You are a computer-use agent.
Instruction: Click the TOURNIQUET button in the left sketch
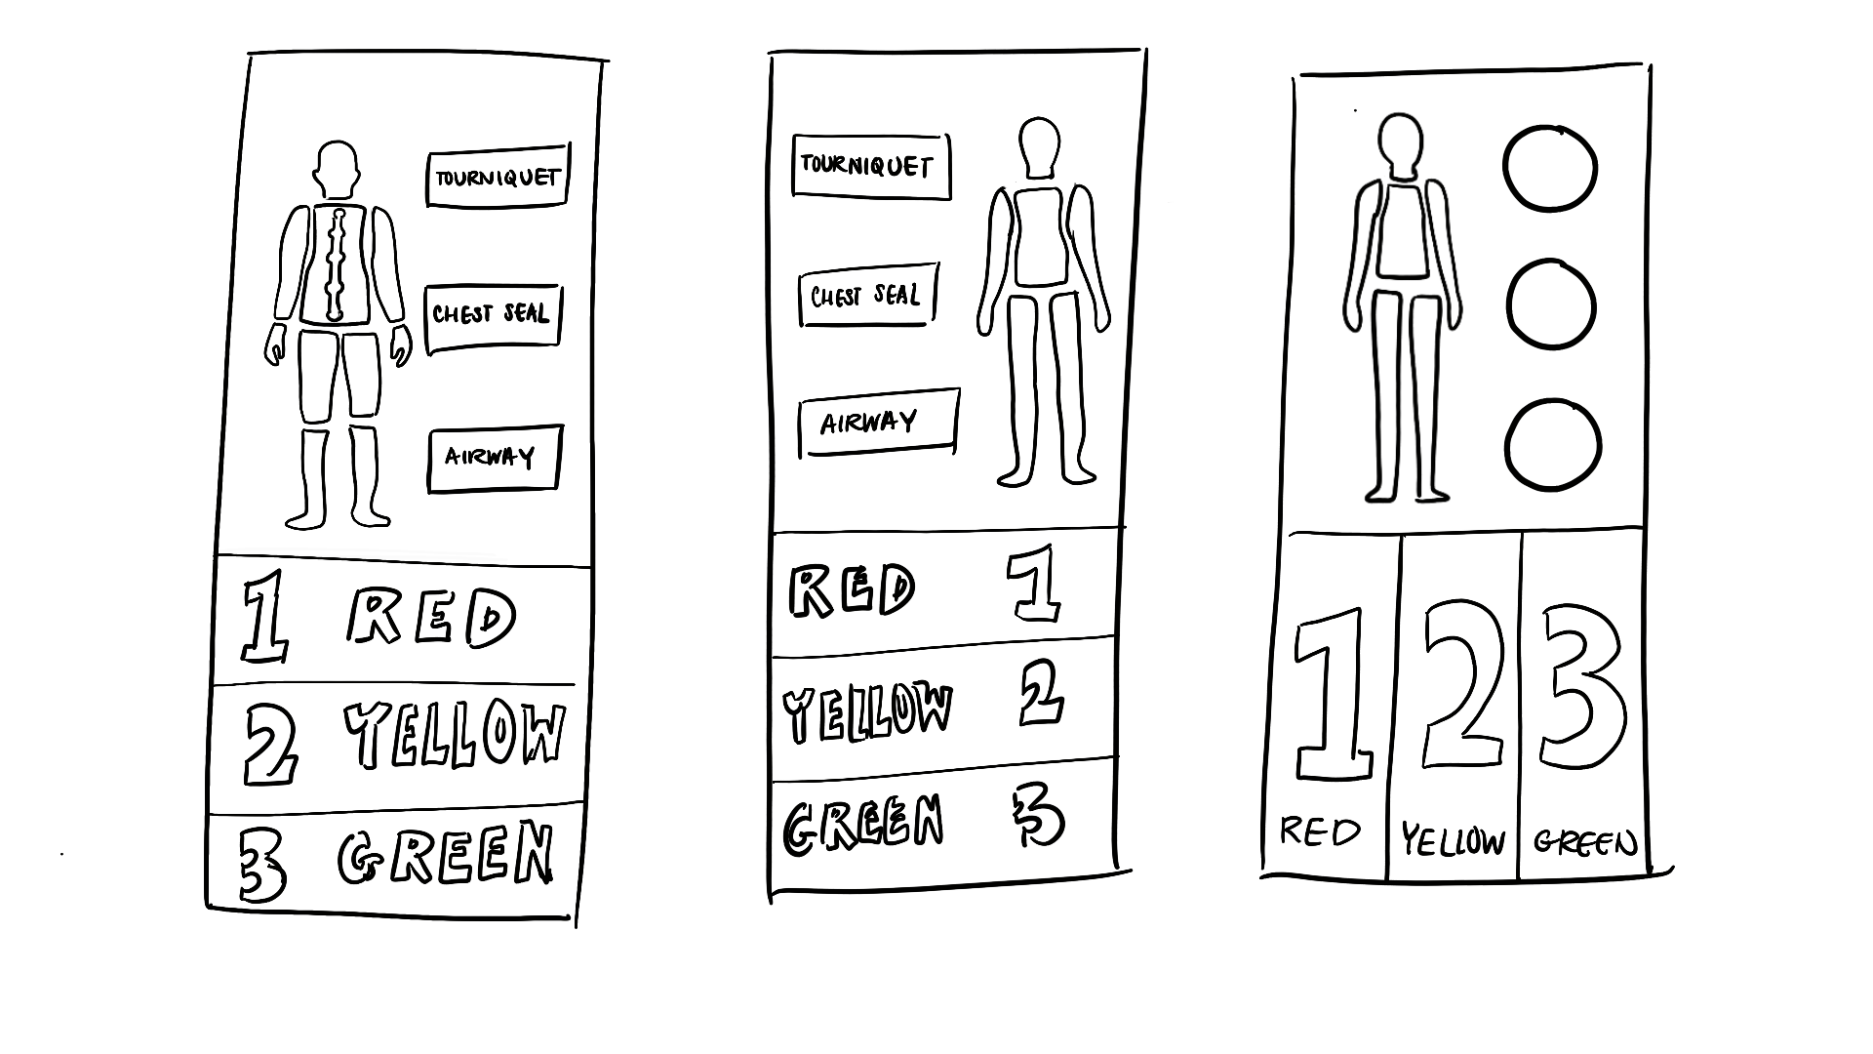[498, 177]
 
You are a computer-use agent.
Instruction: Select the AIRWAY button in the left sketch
[494, 458]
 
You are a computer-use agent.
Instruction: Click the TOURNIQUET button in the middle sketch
[870, 166]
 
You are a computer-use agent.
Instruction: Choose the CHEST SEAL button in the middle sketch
[867, 294]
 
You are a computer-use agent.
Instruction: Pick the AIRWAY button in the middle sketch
[878, 423]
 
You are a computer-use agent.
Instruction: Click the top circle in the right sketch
[1550, 168]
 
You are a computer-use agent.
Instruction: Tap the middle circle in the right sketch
[1551, 304]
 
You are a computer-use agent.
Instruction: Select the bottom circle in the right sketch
[1553, 444]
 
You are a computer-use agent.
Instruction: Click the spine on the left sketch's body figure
[338, 263]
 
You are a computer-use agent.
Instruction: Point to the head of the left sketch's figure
[337, 168]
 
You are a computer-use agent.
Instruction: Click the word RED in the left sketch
[431, 617]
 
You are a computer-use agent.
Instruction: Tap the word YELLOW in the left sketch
[455, 734]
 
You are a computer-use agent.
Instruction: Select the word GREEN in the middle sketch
[864, 823]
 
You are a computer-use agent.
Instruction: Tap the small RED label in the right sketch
[1320, 832]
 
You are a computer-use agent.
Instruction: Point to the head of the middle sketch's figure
[1039, 147]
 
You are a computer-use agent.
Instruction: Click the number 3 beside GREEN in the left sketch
[262, 867]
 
